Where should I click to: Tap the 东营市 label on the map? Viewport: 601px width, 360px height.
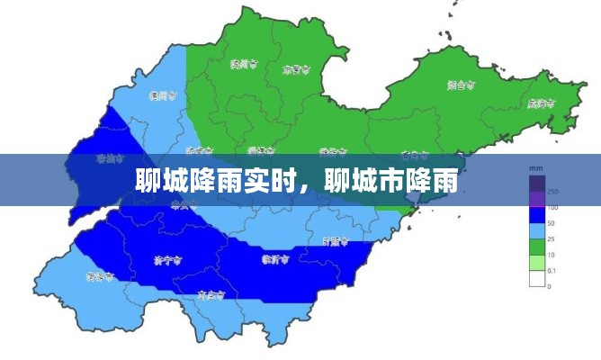[296, 68]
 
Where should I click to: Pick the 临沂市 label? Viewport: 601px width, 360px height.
[275, 260]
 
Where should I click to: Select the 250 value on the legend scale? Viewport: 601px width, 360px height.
[552, 192]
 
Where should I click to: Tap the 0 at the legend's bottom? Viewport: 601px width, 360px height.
[550, 286]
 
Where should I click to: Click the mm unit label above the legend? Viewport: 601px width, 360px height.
[535, 169]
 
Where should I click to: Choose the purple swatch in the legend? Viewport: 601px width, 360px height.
[537, 200]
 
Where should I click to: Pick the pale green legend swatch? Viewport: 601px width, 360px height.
[537, 262]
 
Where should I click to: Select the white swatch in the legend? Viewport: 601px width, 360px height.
[537, 278]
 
